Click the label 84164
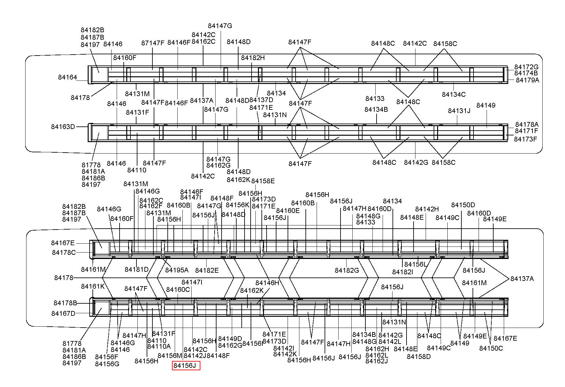pos(68,77)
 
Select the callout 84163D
pos(63,127)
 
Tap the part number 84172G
pos(526,67)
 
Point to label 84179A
pos(527,80)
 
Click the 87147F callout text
pos(153,43)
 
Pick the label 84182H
pos(253,58)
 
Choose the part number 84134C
pos(454,95)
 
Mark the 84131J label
pos(459,111)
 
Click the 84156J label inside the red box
pos(186,366)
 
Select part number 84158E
pos(263,181)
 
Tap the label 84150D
pos(463,205)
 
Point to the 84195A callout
pos(177,270)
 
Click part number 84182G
pos(347,270)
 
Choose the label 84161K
pos(93,286)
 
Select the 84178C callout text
pos(64,253)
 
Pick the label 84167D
pos(63,314)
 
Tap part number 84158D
pos(419,357)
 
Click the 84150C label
pos(491,348)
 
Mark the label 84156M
pos(170,356)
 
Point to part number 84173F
pos(525,139)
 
